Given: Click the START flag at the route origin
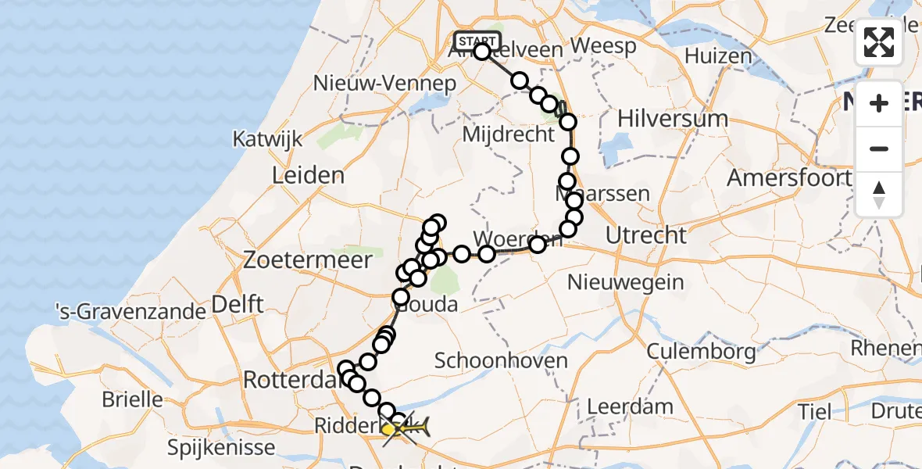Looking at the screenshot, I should (x=477, y=41).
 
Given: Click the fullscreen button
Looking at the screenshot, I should (x=879, y=43).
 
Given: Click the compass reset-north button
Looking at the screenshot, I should (x=879, y=195).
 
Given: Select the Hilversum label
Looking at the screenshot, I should (x=673, y=119).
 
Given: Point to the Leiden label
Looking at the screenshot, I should (x=307, y=175).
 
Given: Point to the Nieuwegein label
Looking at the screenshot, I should (x=626, y=281).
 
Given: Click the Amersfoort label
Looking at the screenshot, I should (x=788, y=177).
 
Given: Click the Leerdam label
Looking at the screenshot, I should (x=629, y=406).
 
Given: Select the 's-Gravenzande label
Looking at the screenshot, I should (x=129, y=313).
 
